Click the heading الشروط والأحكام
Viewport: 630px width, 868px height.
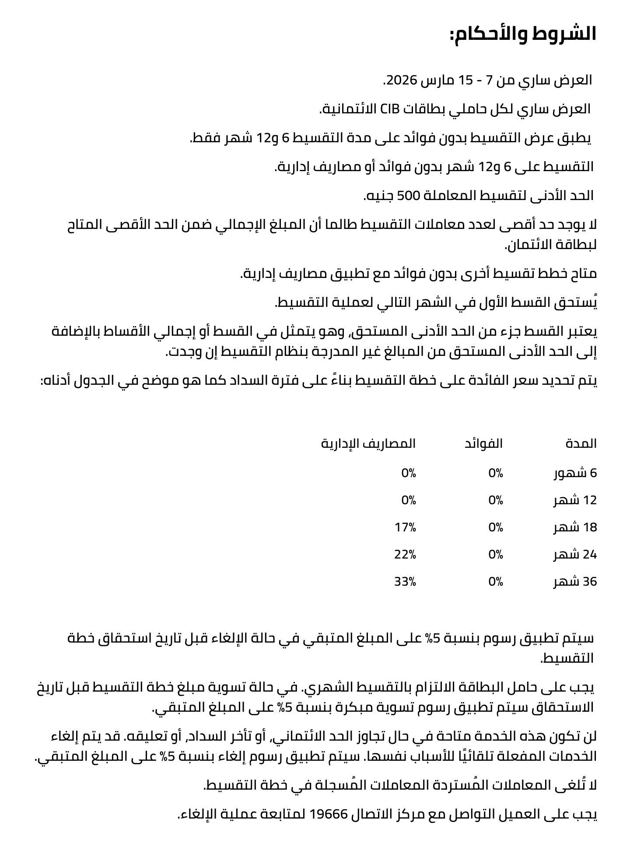point(523,35)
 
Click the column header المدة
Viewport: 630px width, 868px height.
point(581,443)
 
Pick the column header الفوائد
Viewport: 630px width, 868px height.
point(483,443)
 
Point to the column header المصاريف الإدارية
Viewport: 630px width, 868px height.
point(368,443)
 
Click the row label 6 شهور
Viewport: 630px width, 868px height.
point(575,473)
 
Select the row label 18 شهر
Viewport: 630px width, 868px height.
point(575,527)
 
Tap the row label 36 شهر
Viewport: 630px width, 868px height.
point(575,582)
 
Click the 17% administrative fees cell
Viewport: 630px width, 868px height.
point(405,527)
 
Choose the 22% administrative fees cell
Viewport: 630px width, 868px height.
point(405,555)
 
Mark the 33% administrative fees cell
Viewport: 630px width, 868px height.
point(405,582)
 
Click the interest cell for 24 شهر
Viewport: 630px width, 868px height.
point(496,555)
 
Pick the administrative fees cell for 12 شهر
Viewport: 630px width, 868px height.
point(409,500)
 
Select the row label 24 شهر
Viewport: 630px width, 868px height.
point(575,555)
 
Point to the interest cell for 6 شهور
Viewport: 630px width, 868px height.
point(496,473)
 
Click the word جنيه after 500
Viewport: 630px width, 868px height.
point(380,196)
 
